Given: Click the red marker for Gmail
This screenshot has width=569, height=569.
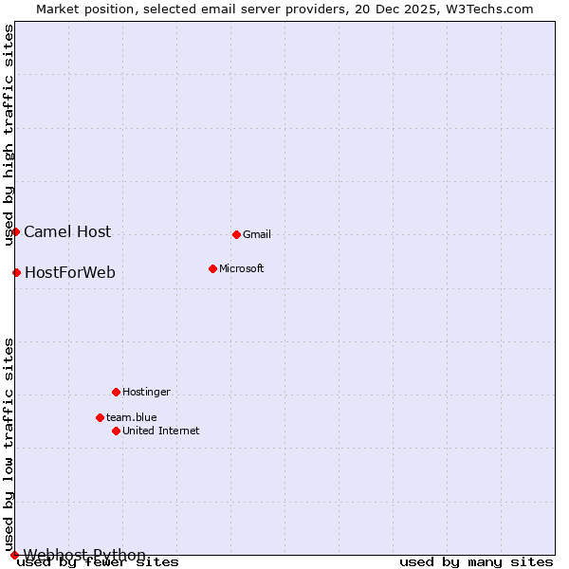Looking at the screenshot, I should (x=236, y=234).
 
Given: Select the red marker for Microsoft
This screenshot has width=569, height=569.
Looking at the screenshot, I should (x=212, y=268).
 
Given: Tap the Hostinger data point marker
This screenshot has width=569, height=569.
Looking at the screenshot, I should (x=116, y=392).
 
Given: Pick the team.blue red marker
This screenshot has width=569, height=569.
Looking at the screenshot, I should (x=100, y=417).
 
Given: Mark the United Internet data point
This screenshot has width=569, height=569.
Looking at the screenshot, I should (x=116, y=431).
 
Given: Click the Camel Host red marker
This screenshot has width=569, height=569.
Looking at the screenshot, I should (x=15, y=231).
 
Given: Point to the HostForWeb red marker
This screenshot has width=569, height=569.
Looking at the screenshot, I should (x=16, y=272).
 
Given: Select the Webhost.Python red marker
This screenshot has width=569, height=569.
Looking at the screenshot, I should (x=14, y=555).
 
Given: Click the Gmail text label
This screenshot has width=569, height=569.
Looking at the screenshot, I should (x=257, y=235).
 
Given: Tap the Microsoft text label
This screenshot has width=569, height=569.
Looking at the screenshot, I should (x=242, y=269).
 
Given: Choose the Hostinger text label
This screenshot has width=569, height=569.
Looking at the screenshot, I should (x=147, y=393).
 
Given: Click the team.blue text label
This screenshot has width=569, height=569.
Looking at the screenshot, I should (x=132, y=418).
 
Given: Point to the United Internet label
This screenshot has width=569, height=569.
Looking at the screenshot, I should (x=161, y=431).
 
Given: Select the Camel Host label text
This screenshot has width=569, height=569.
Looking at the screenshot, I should (x=67, y=232).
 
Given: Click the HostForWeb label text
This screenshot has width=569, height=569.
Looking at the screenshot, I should (x=70, y=273).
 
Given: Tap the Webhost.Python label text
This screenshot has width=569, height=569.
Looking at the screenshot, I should (x=84, y=555).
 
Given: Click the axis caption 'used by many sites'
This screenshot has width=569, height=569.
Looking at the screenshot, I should (x=476, y=562).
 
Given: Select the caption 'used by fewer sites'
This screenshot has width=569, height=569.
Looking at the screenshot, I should (x=99, y=562).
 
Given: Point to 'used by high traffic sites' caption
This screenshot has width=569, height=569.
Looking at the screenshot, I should (x=9, y=135).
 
